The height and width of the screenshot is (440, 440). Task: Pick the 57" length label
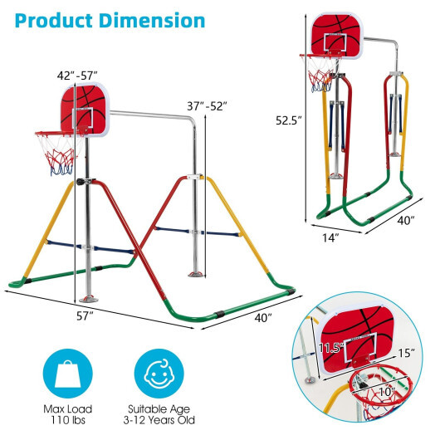[x=85, y=316]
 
